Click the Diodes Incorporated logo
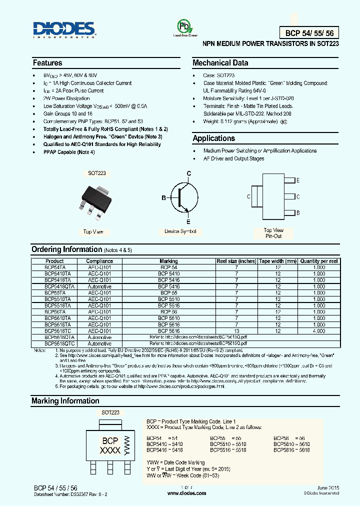point(64,29)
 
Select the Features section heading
point(47,63)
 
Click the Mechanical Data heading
point(220,63)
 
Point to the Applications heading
point(213,138)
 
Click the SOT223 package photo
point(95,202)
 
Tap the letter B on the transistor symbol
point(163,198)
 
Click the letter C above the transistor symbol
point(189,173)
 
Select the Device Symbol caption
point(180,231)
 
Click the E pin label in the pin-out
point(298,180)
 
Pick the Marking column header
point(168,261)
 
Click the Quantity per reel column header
point(319,261)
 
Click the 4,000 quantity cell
point(319,331)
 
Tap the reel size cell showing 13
point(236,331)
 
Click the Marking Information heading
point(65,401)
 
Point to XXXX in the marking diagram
point(110,450)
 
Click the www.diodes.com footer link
point(186,493)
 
